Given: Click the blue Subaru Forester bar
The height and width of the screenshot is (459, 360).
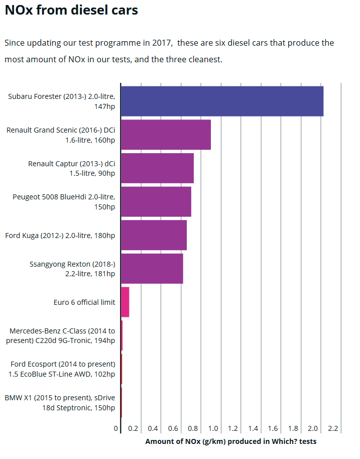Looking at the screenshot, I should coord(222,101).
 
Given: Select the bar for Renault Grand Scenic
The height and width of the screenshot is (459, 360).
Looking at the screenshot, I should coord(166,135).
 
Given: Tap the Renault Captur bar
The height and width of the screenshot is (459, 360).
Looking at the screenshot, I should coord(157,168).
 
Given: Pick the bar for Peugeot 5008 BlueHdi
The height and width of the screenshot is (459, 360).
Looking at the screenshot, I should coord(156,201).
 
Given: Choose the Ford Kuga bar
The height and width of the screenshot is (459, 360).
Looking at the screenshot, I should coord(154,235).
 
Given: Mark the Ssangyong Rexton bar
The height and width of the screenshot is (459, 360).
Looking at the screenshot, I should coord(152,269).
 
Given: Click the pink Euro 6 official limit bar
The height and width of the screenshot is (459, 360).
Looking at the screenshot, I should coord(125,302).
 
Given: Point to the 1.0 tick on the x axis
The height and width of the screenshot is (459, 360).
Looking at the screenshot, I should coord(213,429).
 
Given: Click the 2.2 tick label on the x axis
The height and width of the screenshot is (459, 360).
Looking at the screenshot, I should coord(333,429).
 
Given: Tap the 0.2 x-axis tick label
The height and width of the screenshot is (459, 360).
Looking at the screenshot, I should coord(133,429).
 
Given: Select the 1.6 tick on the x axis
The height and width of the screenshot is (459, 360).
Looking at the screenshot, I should coord(273,429).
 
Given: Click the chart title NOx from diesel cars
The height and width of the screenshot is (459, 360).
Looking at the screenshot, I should coord(71,10).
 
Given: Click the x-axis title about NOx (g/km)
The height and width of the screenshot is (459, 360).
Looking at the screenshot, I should coord(231,441).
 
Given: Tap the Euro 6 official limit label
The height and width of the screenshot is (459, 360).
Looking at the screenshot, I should coord(84,302).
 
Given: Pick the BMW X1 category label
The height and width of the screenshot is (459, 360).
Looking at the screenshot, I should coord(60,403).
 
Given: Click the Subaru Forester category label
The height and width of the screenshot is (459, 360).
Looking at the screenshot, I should coord(61,101).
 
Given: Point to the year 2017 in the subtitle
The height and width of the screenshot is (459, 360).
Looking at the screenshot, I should coord(162,43).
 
